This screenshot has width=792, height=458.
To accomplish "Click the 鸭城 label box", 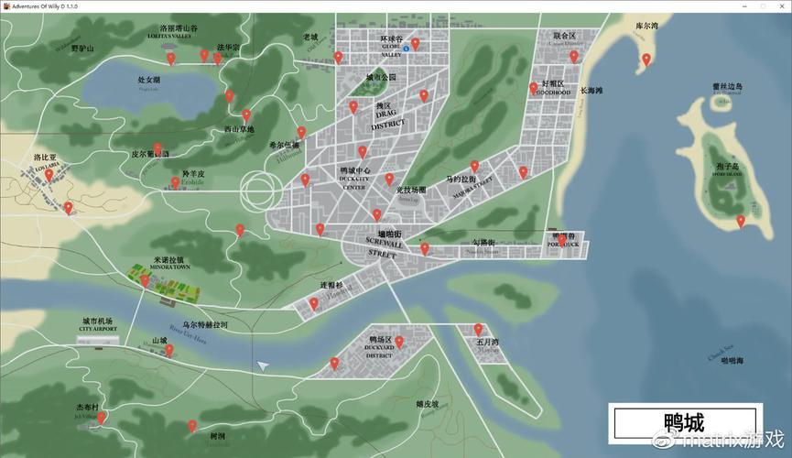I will tap(684, 423).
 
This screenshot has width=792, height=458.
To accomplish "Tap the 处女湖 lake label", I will tap(149, 81).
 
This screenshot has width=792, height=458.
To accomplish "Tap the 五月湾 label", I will tap(487, 343).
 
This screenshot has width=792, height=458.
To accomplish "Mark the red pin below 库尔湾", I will tap(646, 60).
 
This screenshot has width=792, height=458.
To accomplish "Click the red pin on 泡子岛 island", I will tap(741, 221).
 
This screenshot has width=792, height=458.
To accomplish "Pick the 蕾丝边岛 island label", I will tap(728, 87).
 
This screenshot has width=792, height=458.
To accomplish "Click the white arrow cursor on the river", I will tap(264, 365).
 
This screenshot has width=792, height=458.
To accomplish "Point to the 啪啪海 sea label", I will tap(732, 361).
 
